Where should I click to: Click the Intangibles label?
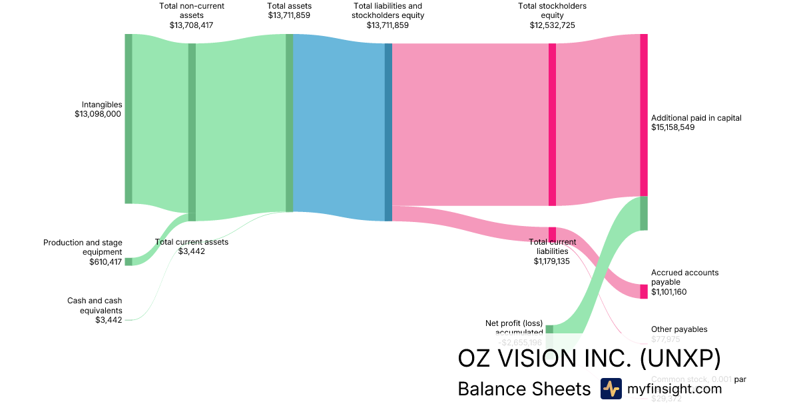coord(102,105)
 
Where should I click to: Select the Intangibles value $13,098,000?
coord(99,114)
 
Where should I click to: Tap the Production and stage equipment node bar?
coord(129,261)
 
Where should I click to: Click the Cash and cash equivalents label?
coord(95,305)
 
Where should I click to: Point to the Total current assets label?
coord(192,242)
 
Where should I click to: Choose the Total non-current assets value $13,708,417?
coord(192,25)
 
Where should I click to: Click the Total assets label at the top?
coord(289,6)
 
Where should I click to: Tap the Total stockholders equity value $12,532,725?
coord(552,25)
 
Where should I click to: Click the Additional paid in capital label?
coord(696,118)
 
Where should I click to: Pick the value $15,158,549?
coord(672,127)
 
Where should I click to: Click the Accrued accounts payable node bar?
coord(643,291)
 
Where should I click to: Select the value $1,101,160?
coord(668,291)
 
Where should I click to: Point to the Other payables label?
coord(679,329)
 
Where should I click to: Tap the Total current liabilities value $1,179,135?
coord(552,261)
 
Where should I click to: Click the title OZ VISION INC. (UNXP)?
coord(589,359)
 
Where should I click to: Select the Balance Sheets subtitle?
coord(524,389)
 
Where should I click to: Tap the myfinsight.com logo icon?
coord(611,389)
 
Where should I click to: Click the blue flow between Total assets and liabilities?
coord(338,127)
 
